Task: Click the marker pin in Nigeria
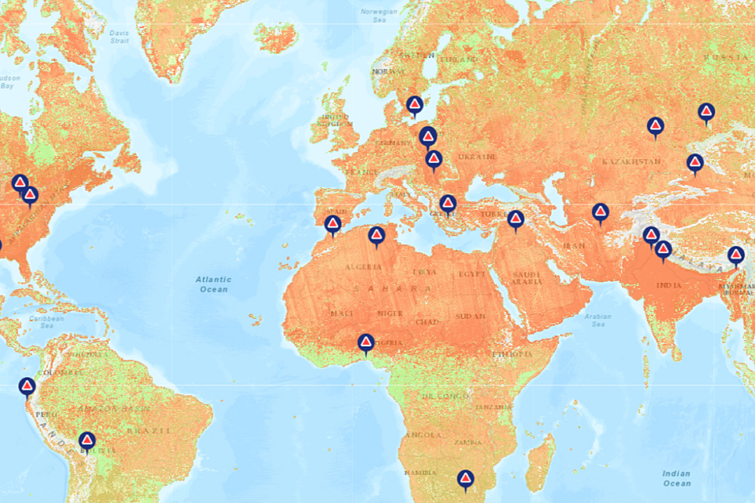[366, 343]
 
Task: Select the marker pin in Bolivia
[87, 441]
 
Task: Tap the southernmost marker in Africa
[466, 479]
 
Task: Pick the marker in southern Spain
[333, 224]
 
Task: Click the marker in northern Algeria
[377, 236]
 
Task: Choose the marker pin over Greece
[448, 204]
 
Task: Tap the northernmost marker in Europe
[415, 105]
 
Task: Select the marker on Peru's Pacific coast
[27, 387]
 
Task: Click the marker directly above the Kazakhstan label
[655, 126]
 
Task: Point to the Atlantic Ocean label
[214, 284]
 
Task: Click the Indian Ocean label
[676, 478]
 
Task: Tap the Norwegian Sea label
[379, 16]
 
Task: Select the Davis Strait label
[119, 37]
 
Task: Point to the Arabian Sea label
[598, 320]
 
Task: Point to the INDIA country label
[670, 285]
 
